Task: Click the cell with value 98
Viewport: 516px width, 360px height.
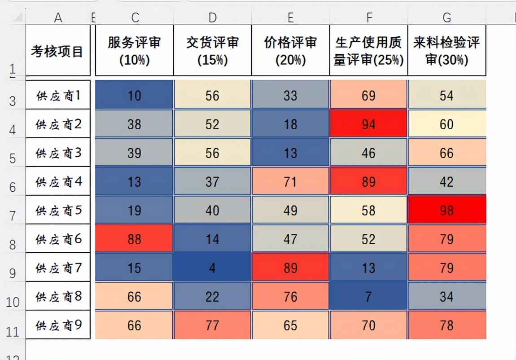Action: (446, 210)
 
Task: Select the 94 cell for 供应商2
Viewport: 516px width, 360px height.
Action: (368, 124)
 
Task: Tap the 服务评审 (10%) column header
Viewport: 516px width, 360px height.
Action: (134, 51)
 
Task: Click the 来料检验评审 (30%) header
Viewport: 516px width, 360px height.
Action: (446, 51)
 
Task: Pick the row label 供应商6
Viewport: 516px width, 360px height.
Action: (58, 239)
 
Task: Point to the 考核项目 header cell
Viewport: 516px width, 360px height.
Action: (57, 51)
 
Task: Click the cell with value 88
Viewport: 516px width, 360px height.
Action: (134, 239)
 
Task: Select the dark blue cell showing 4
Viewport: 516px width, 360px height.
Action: (212, 268)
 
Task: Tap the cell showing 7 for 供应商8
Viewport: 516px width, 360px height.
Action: (368, 296)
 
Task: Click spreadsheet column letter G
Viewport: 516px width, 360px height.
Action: (446, 18)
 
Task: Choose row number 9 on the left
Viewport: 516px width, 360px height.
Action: (13, 272)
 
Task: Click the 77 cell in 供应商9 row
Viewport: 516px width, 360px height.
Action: (212, 325)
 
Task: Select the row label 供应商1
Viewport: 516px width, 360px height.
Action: (58, 95)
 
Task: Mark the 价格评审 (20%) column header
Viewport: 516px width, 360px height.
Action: (290, 51)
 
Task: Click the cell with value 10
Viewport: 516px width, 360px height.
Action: (134, 95)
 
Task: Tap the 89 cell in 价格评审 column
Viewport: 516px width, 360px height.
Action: (290, 268)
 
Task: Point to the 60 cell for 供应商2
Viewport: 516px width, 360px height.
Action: (446, 124)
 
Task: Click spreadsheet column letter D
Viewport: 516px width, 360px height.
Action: (212, 18)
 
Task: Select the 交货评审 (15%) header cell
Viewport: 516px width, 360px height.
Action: (212, 51)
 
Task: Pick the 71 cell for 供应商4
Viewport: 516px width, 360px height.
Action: (290, 181)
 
